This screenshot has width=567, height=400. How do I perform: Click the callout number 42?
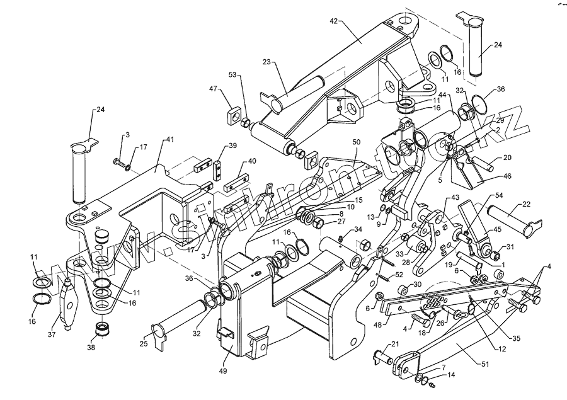click(x=333, y=21)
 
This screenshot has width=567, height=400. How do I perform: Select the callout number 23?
click(x=266, y=62)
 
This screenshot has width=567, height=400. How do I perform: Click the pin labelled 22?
click(x=510, y=215)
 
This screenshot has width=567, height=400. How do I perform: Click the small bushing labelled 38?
click(x=101, y=329)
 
